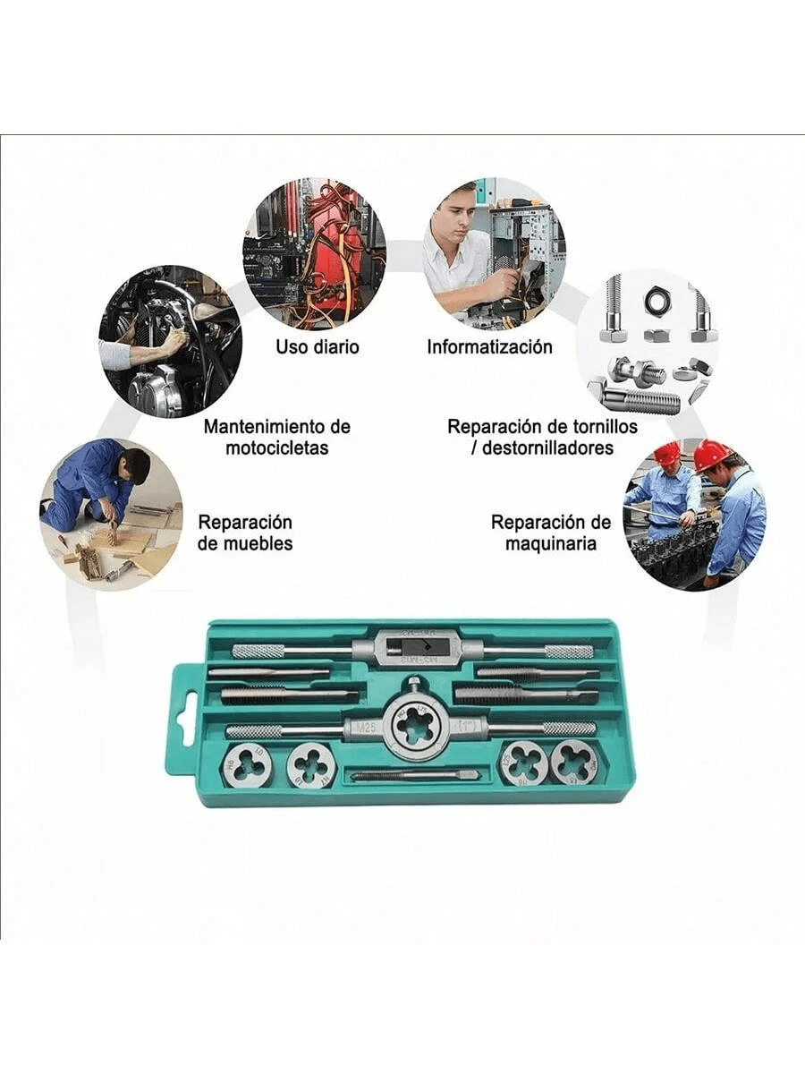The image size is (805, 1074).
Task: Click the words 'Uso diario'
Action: [317, 346]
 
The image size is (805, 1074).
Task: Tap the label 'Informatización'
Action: [489, 346]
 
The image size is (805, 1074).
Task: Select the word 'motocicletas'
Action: [276, 447]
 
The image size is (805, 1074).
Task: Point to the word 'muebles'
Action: [245, 543]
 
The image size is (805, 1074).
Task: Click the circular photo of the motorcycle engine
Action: [169, 341]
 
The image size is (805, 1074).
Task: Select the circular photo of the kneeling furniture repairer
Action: [111, 514]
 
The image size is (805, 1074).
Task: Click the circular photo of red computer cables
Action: [314, 253]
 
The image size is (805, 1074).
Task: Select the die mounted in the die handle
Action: [414, 726]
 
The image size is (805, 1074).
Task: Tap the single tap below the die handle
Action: [414, 775]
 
